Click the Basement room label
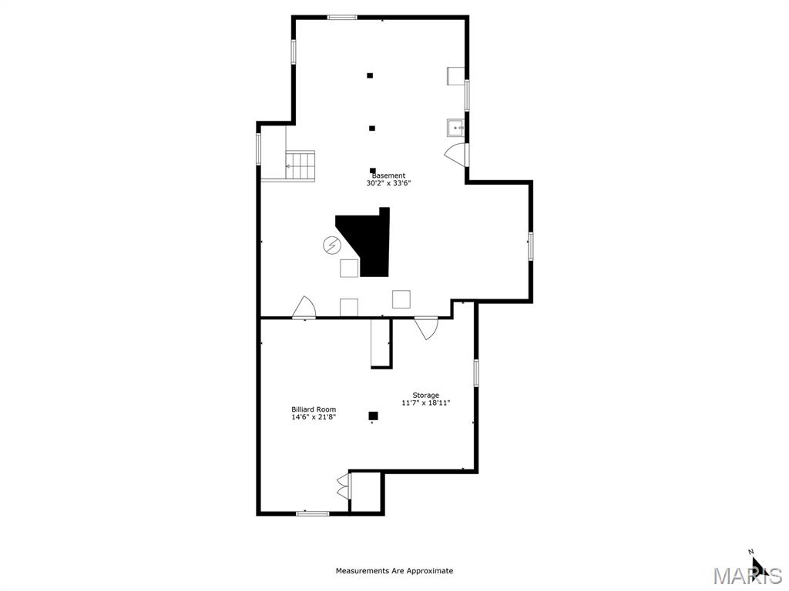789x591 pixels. [x=388, y=175]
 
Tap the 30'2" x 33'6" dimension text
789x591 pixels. [x=388, y=184]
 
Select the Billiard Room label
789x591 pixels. [x=313, y=409]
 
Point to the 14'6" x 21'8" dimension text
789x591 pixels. [x=313, y=417]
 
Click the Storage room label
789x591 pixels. [x=425, y=396]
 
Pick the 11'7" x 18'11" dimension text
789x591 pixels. [x=425, y=403]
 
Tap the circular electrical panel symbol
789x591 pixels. [x=331, y=245]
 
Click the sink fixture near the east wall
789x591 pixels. [x=455, y=128]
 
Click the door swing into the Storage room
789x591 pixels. [x=427, y=328]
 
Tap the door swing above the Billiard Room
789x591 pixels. [x=304, y=308]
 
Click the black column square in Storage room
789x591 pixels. [x=373, y=416]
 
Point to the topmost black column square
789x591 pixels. [x=370, y=75]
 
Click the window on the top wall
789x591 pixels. [x=341, y=17]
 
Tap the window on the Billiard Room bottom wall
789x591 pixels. [x=312, y=513]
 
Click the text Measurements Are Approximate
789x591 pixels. [x=394, y=571]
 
